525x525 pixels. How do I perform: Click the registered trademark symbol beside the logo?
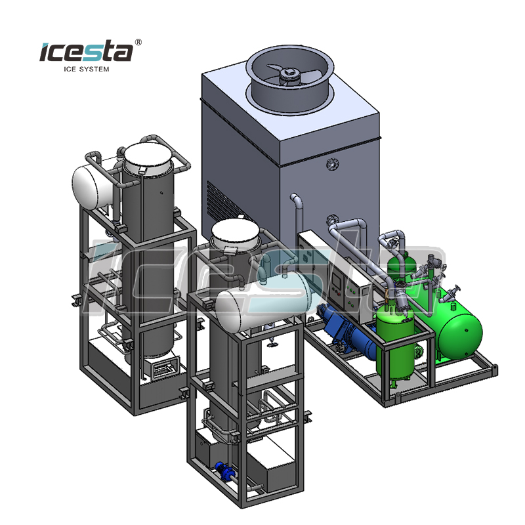[x=138, y=42]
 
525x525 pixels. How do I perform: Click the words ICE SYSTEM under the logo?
[x=87, y=69]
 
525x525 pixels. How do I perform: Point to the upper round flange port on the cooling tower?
[x=332, y=164]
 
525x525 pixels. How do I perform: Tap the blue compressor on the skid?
[x=348, y=331]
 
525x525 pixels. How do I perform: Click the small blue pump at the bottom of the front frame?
[x=223, y=469]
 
